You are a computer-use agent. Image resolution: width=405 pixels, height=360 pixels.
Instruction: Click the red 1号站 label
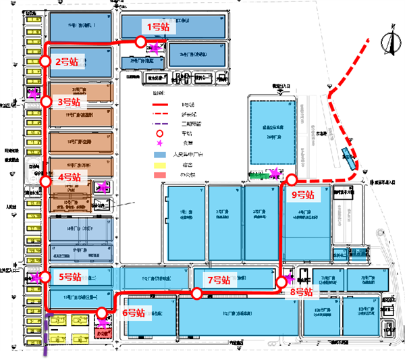point(159,27)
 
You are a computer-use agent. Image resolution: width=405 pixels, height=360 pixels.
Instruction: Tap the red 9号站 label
point(302,195)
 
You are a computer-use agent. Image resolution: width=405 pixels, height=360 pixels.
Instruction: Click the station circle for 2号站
point(45,61)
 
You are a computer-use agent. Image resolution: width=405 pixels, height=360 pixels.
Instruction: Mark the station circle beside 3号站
point(46,102)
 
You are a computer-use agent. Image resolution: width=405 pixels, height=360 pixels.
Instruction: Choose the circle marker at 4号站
point(45,181)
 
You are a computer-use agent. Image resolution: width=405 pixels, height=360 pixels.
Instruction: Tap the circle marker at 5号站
point(45,276)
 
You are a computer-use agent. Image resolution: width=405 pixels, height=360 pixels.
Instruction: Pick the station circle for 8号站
point(281,282)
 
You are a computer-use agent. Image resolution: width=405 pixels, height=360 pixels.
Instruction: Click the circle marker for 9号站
point(292,180)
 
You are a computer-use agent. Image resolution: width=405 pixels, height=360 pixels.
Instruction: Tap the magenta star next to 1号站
point(155,48)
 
